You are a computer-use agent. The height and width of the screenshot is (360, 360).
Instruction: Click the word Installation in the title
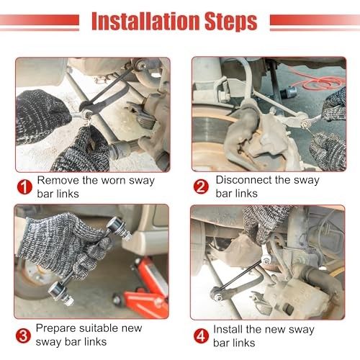(x=146, y=21)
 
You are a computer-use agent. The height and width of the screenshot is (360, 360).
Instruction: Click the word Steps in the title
(x=231, y=22)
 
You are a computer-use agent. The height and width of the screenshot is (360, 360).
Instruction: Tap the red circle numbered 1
(x=24, y=187)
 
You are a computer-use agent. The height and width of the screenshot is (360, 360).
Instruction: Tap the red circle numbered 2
(x=201, y=186)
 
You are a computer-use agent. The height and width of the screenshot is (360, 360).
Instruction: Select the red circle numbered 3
(x=23, y=336)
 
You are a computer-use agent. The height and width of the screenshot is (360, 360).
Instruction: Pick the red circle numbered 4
(x=201, y=336)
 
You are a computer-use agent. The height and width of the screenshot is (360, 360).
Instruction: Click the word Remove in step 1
(x=58, y=180)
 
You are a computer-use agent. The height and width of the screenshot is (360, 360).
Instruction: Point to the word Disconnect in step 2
(x=243, y=180)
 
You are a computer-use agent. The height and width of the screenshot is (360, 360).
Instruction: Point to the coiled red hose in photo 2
(x=319, y=81)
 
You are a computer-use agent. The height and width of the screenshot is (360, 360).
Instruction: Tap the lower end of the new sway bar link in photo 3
(x=60, y=293)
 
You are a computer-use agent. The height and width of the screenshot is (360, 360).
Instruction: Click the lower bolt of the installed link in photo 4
(x=218, y=297)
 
